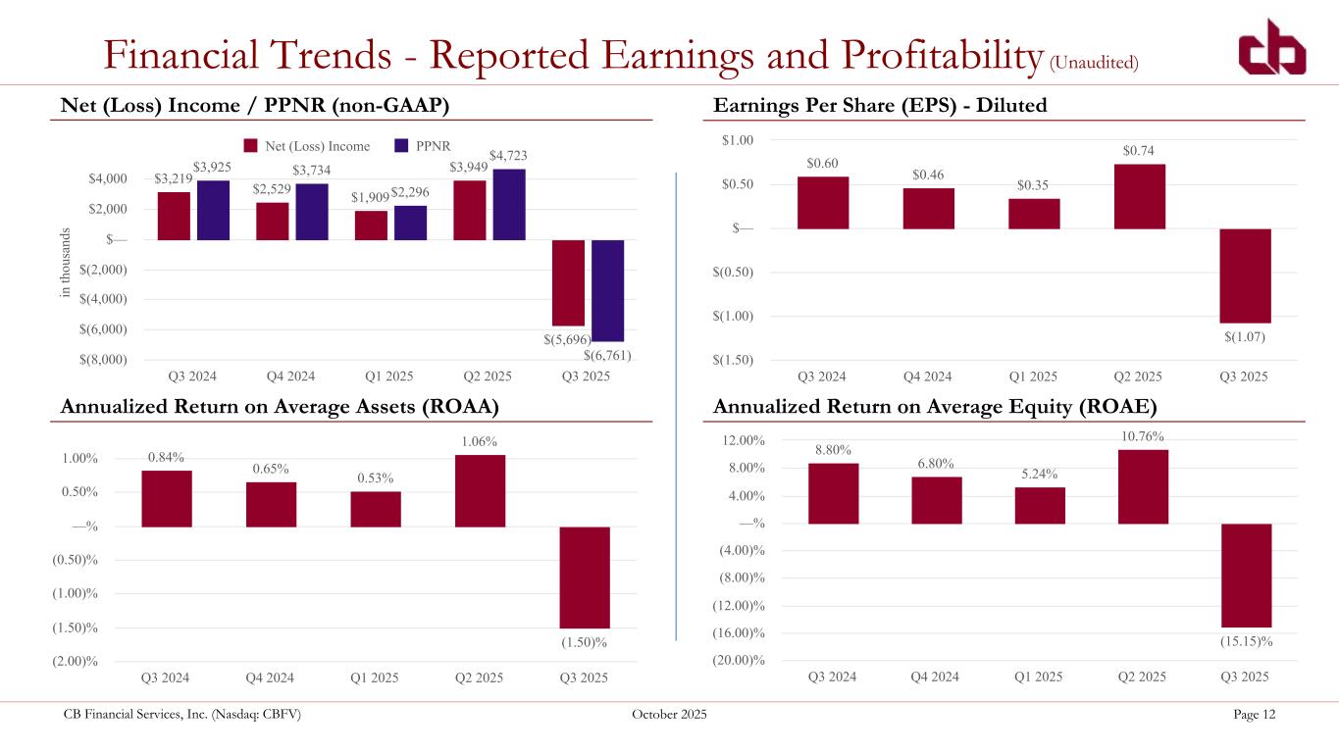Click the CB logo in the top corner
(1270, 46)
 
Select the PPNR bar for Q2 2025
(509, 204)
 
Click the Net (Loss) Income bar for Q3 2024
(174, 216)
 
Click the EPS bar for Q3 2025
(1246, 276)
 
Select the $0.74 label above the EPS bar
(1138, 150)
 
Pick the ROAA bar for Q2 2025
(480, 490)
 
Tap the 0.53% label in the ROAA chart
(376, 478)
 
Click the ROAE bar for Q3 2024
(833, 493)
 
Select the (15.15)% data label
(1246, 641)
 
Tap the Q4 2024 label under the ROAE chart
(936, 678)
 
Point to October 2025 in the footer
(669, 715)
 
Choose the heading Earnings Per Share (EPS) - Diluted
(880, 105)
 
